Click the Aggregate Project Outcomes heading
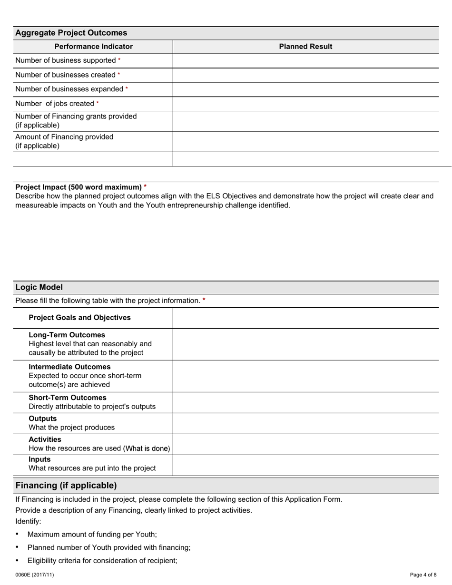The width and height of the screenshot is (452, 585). [71, 33]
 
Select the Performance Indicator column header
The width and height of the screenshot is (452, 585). [93, 47]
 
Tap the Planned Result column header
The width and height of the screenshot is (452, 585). [305, 47]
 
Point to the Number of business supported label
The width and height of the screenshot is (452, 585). [66, 60]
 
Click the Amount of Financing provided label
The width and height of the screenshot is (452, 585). [64, 137]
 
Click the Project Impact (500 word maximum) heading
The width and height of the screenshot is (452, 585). [79, 187]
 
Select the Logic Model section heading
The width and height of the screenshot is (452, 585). [39, 287]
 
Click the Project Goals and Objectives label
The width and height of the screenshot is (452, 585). [79, 318]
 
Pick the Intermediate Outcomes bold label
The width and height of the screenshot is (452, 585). [69, 367]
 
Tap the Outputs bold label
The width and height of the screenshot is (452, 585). [42, 419]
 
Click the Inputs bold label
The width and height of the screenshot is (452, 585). [39, 459]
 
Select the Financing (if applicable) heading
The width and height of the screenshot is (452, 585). [66, 486]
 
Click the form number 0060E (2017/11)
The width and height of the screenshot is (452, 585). [34, 575]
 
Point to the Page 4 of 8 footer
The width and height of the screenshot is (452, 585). [423, 575]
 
